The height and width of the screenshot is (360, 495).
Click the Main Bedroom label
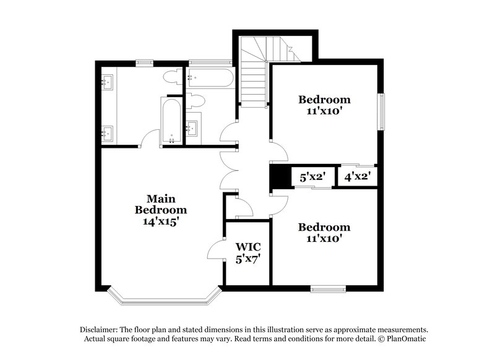pyautogui.click(x=160, y=204)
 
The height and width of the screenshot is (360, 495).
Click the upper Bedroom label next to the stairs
pyautogui.click(x=324, y=99)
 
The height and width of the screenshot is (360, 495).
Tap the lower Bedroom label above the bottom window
pyautogui.click(x=324, y=227)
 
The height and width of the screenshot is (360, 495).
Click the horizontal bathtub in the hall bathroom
pyautogui.click(x=210, y=79)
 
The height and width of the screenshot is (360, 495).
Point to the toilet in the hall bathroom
pyautogui.click(x=196, y=100)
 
